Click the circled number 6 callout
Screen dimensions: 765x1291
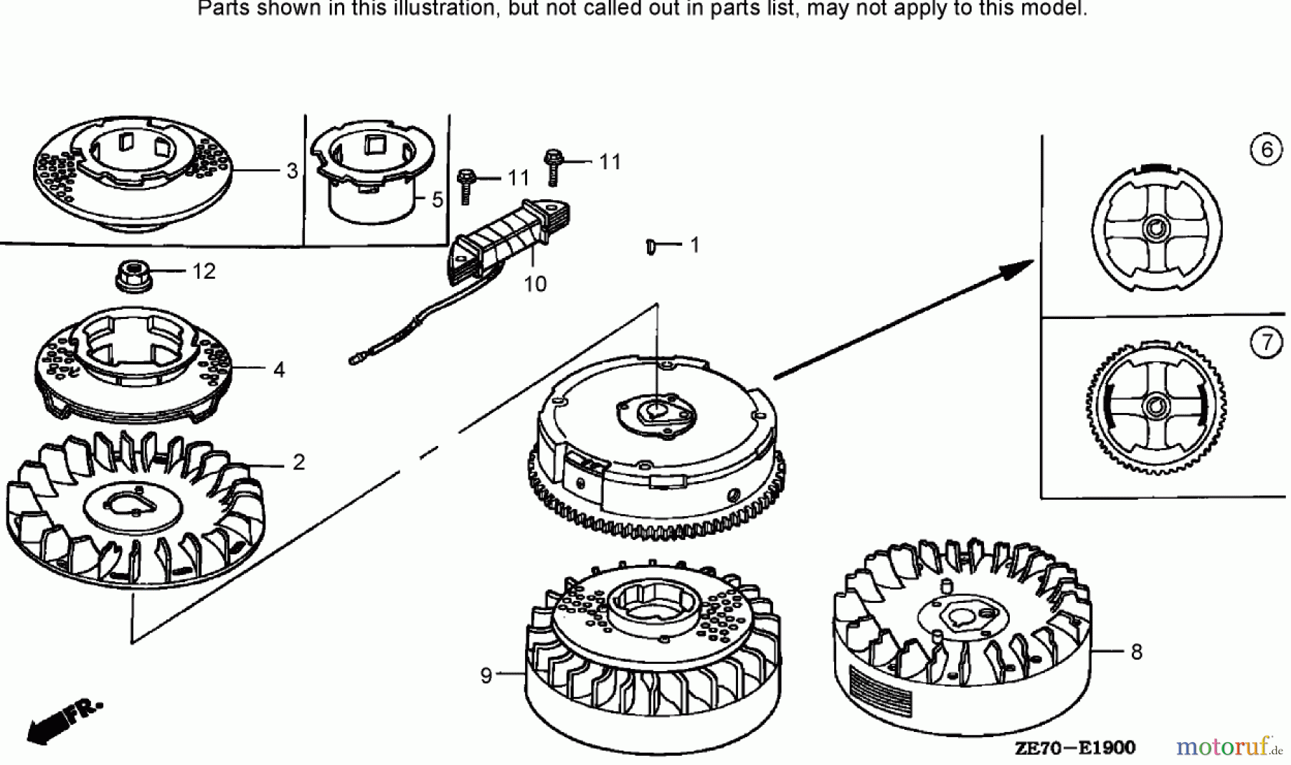1266,150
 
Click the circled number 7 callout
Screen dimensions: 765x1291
1267,343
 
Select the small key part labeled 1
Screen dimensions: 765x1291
651,246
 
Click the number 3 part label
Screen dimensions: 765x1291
292,171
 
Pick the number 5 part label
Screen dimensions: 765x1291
438,200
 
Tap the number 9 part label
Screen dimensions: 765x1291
486,675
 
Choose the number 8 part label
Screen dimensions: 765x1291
1136,652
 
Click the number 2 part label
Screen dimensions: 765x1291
299,462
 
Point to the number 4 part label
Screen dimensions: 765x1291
279,370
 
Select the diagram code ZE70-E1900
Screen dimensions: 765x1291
1075,749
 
